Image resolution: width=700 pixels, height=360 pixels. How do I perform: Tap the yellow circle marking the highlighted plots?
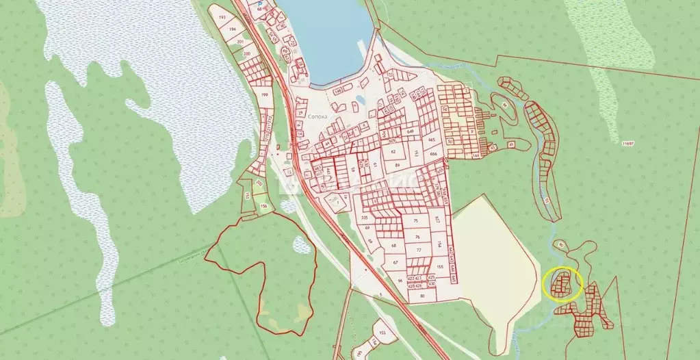(x=562, y=284)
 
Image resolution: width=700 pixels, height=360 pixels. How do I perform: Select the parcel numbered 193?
(x=222, y=16)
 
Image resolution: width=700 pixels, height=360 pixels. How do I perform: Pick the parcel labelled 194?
(x=233, y=29)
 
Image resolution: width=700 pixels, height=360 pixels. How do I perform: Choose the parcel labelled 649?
(x=411, y=131)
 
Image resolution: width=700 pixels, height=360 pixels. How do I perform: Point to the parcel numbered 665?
(x=432, y=140)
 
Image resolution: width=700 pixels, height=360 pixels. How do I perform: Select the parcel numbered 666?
(x=434, y=154)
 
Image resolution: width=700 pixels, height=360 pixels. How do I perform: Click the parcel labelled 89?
(x=397, y=165)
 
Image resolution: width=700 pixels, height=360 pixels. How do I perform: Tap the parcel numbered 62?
(x=393, y=151)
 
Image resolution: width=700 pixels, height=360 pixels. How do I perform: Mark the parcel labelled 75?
(x=416, y=221)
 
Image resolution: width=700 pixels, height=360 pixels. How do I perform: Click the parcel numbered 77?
(x=417, y=250)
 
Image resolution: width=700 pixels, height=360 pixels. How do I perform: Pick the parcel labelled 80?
(x=422, y=296)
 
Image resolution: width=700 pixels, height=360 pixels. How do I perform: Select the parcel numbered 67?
(x=395, y=262)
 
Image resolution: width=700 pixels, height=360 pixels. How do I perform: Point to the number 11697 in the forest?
(x=628, y=144)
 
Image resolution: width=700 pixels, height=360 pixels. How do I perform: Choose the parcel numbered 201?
(x=240, y=42)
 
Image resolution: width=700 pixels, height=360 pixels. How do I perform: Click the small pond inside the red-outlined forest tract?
(x=300, y=244)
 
